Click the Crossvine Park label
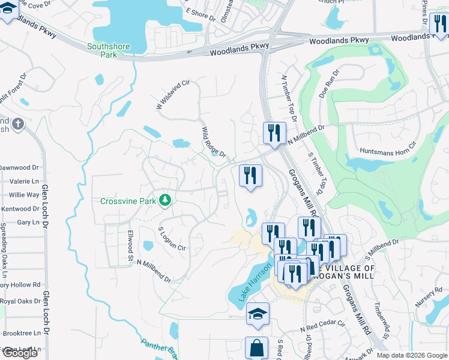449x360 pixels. click(128, 201)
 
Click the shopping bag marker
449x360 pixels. click(256, 347)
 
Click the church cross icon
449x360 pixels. click(18, 124)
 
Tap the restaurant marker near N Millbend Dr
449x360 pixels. click(274, 133)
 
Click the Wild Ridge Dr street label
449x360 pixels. click(214, 142)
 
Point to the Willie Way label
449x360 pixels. click(24, 195)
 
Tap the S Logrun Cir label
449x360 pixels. click(172, 238)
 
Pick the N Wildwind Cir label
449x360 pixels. click(172, 94)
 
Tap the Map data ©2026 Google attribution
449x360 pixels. click(412, 355)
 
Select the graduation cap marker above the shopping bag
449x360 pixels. click(258, 313)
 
